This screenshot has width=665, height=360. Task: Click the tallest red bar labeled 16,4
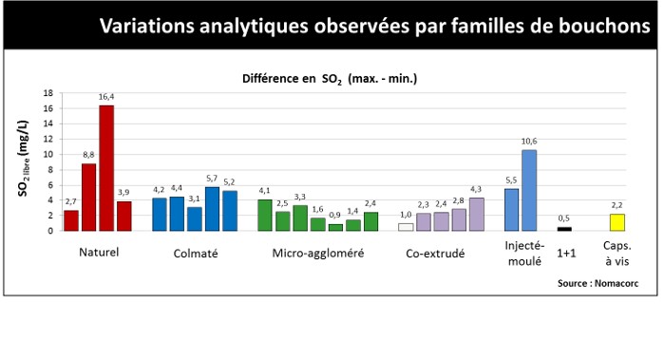click(x=106, y=168)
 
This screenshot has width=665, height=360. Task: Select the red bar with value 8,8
click(x=88, y=198)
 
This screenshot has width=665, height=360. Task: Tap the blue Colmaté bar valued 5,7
click(x=212, y=209)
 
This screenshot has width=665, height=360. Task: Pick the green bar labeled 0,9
click(x=335, y=228)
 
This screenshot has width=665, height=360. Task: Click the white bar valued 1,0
click(x=406, y=227)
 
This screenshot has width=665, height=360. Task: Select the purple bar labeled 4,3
click(x=477, y=215)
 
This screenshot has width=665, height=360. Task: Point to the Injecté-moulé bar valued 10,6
click(x=529, y=190)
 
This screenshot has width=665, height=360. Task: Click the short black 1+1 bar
click(x=564, y=229)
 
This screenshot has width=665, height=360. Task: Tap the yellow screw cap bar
click(x=617, y=222)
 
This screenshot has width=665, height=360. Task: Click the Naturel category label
click(x=99, y=253)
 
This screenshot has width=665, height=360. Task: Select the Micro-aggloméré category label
click(x=318, y=254)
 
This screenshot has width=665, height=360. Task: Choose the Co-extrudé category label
click(x=435, y=254)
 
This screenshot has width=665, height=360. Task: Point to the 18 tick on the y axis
click(x=47, y=93)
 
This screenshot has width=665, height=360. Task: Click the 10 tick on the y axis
click(x=47, y=154)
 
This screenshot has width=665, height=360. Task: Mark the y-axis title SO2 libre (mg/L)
click(x=24, y=159)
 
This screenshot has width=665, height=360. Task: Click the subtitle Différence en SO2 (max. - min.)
click(x=330, y=79)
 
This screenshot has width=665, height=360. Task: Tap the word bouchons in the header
click(x=604, y=26)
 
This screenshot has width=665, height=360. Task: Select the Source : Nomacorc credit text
click(x=598, y=283)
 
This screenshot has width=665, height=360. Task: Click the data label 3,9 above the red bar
click(x=123, y=193)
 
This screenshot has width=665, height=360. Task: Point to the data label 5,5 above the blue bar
click(x=511, y=180)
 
